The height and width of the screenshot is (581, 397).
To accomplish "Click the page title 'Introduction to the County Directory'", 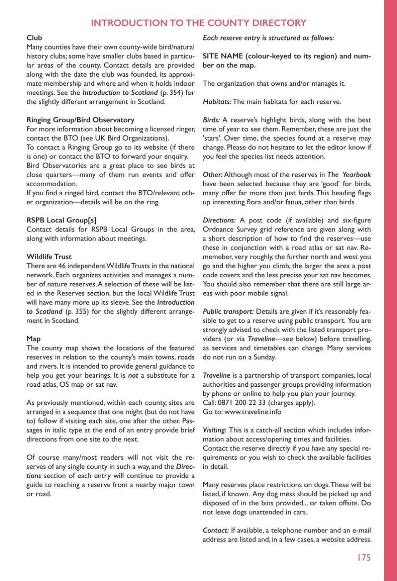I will click(198, 23).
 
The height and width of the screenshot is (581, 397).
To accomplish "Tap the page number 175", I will click(363, 557).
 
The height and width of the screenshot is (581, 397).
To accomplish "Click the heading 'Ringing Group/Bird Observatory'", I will click(80, 120).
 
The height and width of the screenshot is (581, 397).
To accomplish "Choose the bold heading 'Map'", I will click(34, 339).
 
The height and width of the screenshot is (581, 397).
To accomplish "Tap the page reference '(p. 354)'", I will click(171, 93).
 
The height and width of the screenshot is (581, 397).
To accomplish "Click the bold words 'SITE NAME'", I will click(223, 56).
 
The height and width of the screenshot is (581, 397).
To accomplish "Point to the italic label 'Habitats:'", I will click(217, 102).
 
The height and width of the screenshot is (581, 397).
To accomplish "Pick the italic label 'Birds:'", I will click(211, 120).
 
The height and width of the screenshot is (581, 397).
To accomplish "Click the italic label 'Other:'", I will click(212, 175).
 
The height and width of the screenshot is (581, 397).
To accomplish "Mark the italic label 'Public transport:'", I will click(228, 311).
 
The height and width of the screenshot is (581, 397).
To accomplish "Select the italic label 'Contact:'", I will click(216, 530).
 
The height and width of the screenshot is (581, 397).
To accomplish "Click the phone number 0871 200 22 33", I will click(243, 403).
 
